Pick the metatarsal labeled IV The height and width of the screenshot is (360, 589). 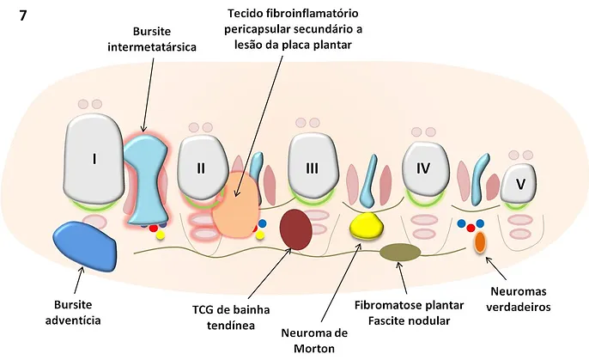[x=423, y=168]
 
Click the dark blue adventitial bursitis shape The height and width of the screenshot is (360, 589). [x=85, y=245]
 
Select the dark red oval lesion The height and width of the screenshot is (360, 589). [x=296, y=229]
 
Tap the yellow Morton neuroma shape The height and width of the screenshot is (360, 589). [x=367, y=226]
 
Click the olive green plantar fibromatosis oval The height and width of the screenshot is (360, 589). [x=400, y=253]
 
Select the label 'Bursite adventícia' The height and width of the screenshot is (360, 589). [x=72, y=313]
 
